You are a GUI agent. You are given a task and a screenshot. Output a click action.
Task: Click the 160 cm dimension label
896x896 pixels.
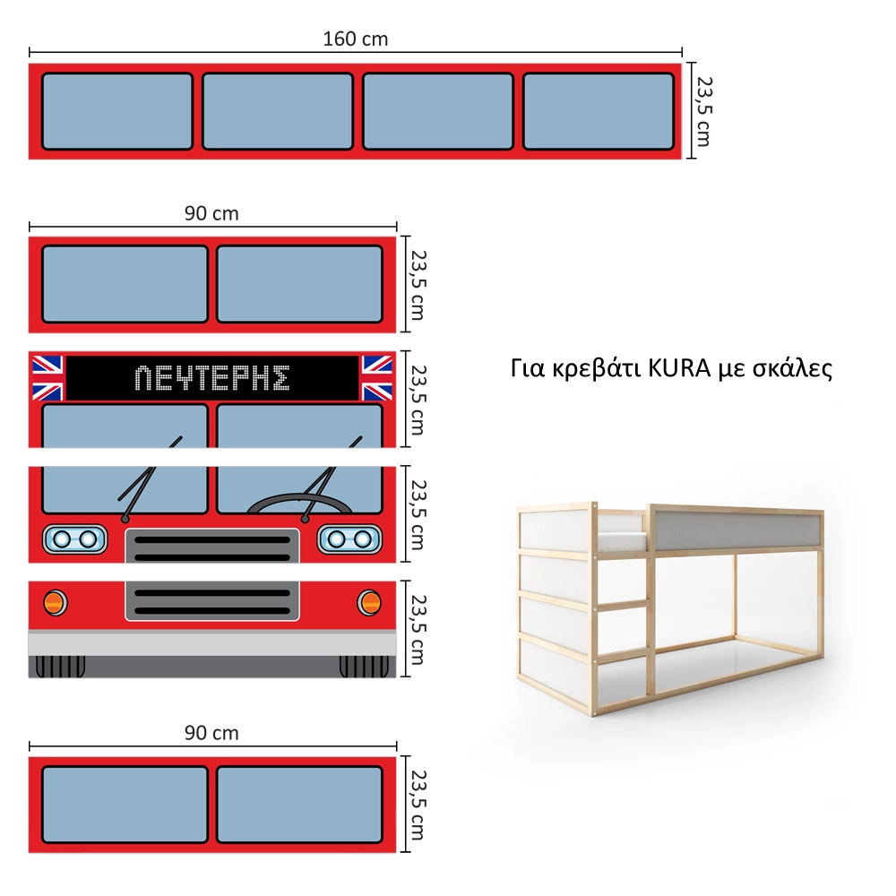(355, 39)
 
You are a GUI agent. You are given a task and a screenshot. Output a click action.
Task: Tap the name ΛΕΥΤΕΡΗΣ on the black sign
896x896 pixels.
(212, 378)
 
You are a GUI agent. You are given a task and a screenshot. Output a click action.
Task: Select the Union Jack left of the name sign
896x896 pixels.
(47, 378)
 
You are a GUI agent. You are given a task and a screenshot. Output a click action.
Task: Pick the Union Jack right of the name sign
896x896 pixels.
(377, 378)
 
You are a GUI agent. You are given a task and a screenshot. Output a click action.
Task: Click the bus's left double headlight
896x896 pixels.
(75, 538)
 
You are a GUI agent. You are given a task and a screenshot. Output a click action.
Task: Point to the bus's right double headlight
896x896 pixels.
(349, 538)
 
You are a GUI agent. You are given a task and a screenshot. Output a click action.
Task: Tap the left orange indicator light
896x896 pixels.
(55, 602)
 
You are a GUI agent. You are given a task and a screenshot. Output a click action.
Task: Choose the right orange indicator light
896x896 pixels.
(369, 602)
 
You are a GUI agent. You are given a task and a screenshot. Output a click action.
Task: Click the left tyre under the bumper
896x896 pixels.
(60, 667)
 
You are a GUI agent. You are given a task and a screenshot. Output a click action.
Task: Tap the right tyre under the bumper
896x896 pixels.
(364, 667)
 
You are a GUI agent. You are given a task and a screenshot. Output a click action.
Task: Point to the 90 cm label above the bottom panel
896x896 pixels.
(211, 733)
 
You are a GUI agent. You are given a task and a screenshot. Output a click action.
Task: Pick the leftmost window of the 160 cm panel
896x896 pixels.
(117, 111)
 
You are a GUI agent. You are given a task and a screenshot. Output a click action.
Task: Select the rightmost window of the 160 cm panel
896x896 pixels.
(599, 111)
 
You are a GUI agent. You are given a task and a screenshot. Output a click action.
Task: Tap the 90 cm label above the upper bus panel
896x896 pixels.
(211, 214)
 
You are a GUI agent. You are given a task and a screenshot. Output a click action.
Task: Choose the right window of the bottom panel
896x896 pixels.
(299, 805)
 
